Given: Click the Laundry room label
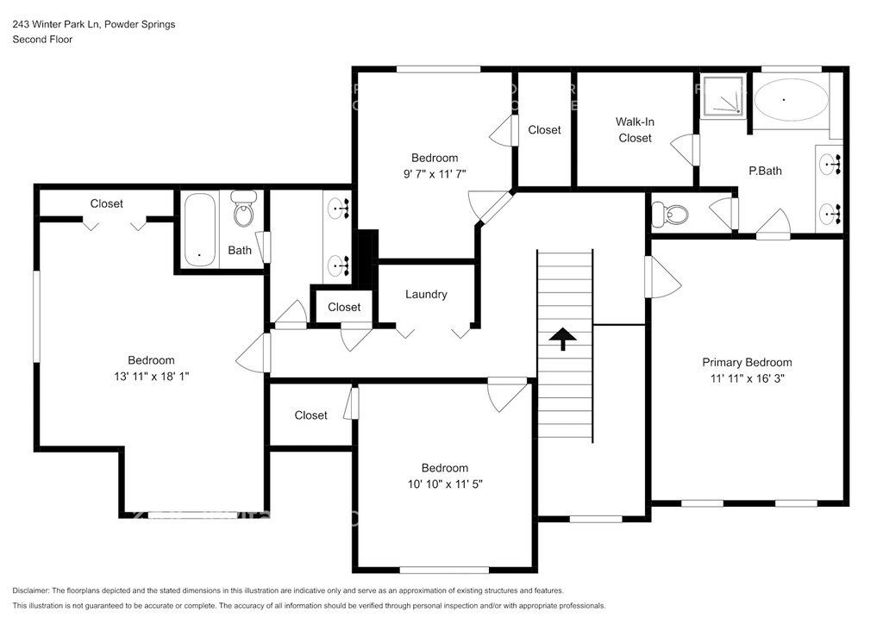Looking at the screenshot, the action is tap(426, 294).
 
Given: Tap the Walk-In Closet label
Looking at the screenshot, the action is tap(635, 129).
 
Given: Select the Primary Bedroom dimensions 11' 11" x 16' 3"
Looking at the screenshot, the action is tap(748, 378).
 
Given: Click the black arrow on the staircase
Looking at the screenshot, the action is tap(563, 340).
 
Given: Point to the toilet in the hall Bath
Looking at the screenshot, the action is tap(244, 209).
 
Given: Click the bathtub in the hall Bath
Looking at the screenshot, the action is tap(200, 229).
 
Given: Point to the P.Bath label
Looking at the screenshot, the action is tap(765, 171).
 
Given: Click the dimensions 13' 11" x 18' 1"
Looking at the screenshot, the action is tap(152, 377).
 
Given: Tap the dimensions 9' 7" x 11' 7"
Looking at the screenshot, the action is tap(435, 174).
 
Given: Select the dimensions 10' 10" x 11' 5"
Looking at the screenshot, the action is tap(445, 484).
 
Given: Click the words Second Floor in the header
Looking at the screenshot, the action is tap(43, 40).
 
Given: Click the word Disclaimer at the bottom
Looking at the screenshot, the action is tap(30, 590).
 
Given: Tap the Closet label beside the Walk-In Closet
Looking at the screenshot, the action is tap(545, 130).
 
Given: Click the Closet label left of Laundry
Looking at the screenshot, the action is tap(344, 307).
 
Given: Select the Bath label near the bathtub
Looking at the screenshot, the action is tap(240, 251).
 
